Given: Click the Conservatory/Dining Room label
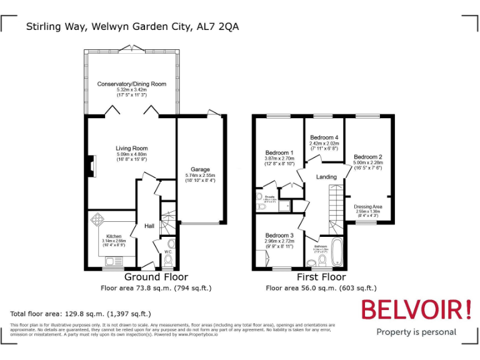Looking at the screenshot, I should coord(132,84).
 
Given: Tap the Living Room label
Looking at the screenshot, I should coord(132,148).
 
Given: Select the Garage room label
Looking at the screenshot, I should coord(200,169).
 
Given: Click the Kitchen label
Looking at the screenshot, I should coord(114,236).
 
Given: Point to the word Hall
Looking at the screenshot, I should coord(149,226).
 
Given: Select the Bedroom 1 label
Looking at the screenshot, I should coord(279,153).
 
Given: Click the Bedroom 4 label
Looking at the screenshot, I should coord(324,137).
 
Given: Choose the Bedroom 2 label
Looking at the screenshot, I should coord(367,157).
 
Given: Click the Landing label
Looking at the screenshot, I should coord(326,177).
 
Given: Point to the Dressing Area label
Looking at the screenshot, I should coord(368,206).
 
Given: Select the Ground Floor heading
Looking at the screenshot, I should coord(156,277).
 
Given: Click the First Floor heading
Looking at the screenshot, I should coord(321,277).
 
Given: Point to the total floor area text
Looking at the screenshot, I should coord(81,313).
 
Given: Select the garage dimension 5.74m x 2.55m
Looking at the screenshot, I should coord(200,176).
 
